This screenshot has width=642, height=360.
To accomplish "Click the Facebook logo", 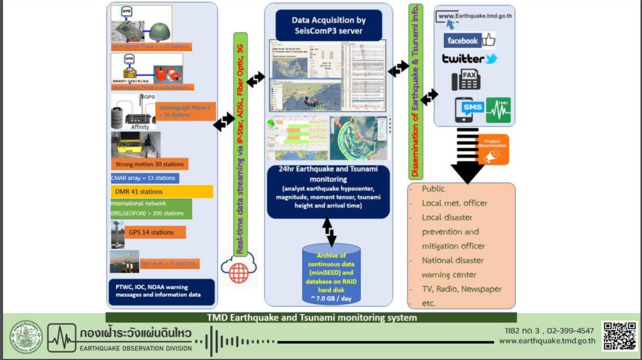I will pos(469,41).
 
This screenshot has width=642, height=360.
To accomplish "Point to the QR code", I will pos(619,336).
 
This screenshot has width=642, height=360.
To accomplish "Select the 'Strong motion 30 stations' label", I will pos(149,164).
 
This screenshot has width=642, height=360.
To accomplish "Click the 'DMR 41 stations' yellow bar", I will pos(161,191).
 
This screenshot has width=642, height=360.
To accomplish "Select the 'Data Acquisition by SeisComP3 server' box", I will pos(330,25).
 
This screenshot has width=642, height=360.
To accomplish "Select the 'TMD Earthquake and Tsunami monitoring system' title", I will pos(311,317).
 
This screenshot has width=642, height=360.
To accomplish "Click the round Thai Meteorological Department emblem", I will pos(26,337).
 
